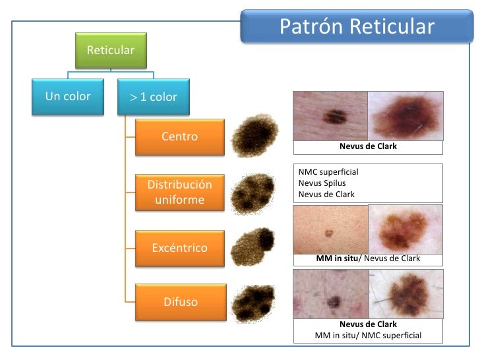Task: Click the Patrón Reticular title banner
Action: coord(357,27)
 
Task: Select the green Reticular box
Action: coord(111,51)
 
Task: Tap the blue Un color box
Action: coord(68,97)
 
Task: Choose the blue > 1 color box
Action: coord(153,97)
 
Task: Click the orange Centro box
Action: coord(179,137)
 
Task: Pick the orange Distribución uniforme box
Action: coord(179,192)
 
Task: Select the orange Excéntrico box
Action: coord(179,248)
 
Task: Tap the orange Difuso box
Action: coord(179,303)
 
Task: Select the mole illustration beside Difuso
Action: coord(255,303)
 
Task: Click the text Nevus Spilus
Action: coord(322,183)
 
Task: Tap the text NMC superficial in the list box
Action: coord(328,172)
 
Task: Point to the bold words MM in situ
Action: coord(337,258)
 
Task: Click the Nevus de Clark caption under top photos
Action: coord(368,146)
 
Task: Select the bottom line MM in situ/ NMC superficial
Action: coord(368,336)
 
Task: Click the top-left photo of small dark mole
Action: coord(330,115)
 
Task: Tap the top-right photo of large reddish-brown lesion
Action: coord(405,115)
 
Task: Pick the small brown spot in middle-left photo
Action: coord(329,233)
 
